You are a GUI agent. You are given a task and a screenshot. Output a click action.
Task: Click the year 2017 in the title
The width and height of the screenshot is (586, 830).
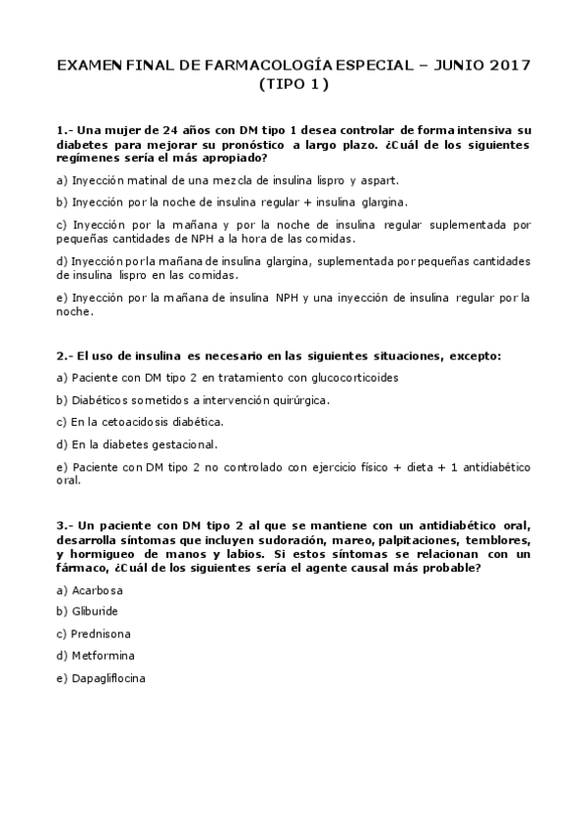pyautogui.click(x=506, y=66)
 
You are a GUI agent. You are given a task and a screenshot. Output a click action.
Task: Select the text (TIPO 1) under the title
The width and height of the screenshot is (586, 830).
pyautogui.click(x=293, y=84)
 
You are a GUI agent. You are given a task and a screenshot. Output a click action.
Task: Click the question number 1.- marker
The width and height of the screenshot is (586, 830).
pyautogui.click(x=65, y=130)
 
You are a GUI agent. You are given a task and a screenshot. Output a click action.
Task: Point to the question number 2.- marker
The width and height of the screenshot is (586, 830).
pyautogui.click(x=65, y=355)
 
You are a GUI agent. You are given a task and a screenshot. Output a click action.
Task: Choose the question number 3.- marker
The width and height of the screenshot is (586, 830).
pyautogui.click(x=65, y=526)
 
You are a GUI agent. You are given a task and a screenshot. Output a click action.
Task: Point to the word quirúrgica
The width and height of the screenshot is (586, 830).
pyautogui.click(x=296, y=399)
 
